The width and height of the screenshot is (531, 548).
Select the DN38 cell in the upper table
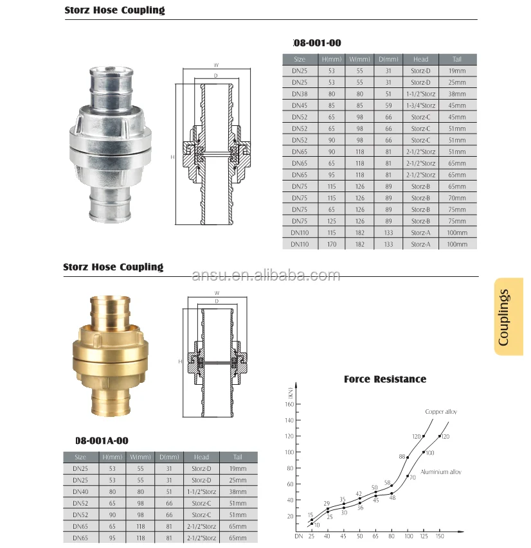[x=298, y=94]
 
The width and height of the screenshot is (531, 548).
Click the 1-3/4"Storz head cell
[x=421, y=105]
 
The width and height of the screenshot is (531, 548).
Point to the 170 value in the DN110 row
[x=333, y=244]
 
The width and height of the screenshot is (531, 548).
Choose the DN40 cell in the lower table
[x=80, y=491]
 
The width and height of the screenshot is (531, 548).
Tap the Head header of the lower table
[x=201, y=457]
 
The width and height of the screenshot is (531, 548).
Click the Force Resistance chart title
[x=385, y=379]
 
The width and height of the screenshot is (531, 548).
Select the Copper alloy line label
[x=441, y=411]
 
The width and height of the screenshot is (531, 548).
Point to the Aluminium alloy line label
[x=441, y=472]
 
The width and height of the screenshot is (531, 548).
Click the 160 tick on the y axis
[x=289, y=404]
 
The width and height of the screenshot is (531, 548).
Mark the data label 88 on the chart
[x=402, y=457]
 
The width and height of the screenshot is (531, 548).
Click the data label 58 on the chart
[x=388, y=482]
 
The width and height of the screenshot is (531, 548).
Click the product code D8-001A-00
[x=102, y=440]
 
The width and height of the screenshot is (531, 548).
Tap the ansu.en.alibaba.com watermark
[x=266, y=276]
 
